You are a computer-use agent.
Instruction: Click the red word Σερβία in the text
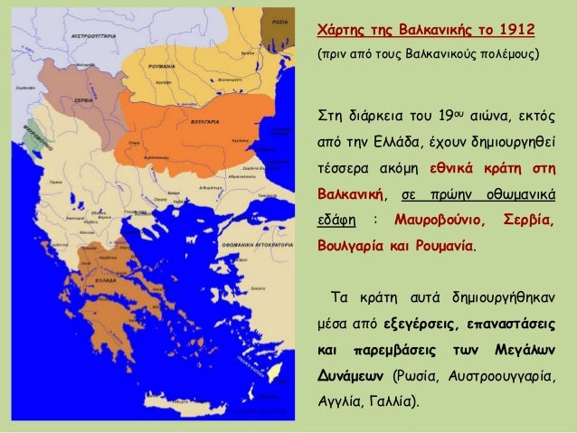529,220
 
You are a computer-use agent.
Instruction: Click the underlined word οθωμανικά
523,194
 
